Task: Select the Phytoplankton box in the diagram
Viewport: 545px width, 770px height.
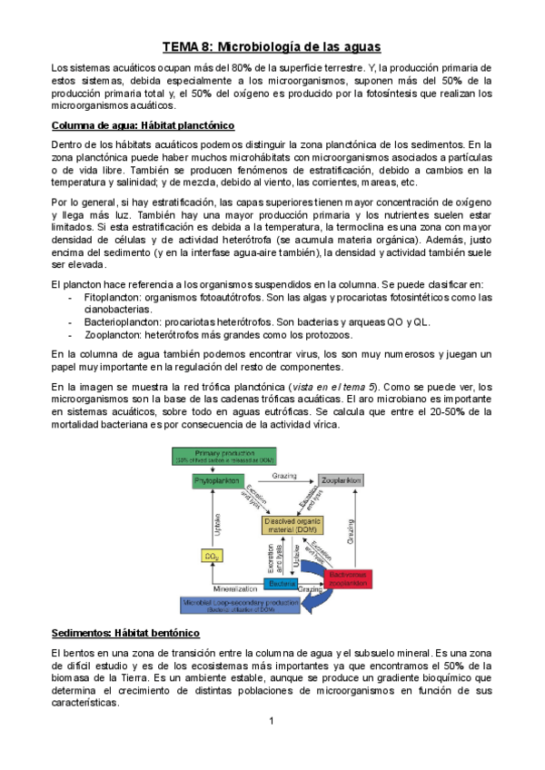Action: point(214,479)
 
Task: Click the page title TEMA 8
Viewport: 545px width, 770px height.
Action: point(272,46)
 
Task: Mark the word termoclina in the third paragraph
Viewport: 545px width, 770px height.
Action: point(364,226)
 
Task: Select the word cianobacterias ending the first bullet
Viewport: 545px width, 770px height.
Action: point(117,310)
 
